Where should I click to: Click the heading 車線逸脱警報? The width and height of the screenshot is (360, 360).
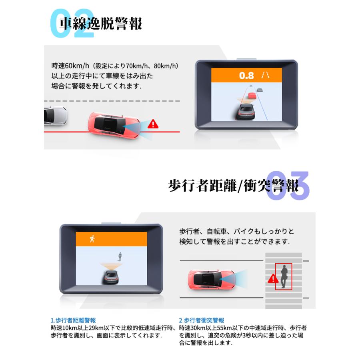coord(101,24)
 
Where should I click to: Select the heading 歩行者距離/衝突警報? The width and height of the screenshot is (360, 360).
coord(233,186)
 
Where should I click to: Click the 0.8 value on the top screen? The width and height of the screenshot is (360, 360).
coord(246,75)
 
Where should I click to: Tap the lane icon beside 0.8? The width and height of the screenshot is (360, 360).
coord(265,75)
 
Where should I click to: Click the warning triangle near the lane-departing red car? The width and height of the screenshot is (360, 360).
coord(153,124)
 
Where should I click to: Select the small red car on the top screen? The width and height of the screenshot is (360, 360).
coord(252,95)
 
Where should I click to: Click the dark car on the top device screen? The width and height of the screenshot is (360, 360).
coord(245,111)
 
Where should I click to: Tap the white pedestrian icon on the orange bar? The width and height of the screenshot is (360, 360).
coord(92,239)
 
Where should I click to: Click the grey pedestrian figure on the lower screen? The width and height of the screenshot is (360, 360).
coord(119,256)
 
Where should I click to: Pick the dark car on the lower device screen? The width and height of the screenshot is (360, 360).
coord(111,276)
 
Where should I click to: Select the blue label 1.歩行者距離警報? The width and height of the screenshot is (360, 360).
coord(73,320)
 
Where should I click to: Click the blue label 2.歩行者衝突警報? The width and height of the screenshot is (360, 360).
coord(202,320)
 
